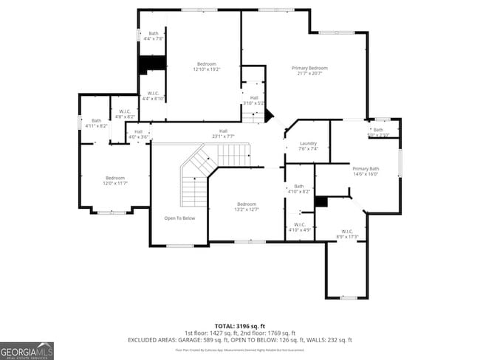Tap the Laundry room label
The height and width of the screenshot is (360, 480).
[x=309, y=145]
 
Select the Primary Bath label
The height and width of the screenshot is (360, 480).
[x=365, y=171]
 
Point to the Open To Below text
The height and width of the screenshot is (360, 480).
[x=179, y=218]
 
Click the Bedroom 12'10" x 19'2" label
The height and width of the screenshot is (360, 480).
[x=207, y=66]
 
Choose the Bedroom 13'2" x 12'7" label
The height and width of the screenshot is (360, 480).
[x=246, y=207]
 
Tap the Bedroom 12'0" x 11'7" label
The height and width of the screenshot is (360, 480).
[x=114, y=181]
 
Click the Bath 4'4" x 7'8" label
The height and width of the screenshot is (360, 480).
[x=154, y=36]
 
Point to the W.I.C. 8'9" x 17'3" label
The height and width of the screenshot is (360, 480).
[x=346, y=233]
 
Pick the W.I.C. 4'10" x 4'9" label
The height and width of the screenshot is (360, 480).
[x=299, y=226]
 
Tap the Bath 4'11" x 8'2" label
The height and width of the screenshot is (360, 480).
[x=96, y=123]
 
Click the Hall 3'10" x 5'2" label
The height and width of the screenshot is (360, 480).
[x=253, y=100]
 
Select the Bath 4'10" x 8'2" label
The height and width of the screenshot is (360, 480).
[x=299, y=189]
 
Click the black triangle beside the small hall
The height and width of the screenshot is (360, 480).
[x=268, y=116]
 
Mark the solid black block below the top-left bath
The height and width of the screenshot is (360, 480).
[x=152, y=64]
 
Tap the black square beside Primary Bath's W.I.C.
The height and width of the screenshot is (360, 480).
[x=320, y=201]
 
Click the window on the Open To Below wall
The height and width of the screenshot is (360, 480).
[x=179, y=245]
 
